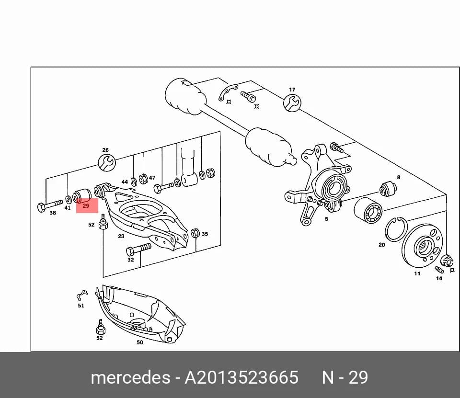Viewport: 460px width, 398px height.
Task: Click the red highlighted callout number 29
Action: coord(86,206)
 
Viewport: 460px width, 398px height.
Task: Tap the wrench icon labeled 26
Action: coord(106,163)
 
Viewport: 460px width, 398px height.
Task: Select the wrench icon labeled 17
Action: coord(292,102)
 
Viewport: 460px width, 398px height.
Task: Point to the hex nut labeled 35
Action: coord(195,233)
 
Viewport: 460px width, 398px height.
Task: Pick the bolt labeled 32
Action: coord(138,249)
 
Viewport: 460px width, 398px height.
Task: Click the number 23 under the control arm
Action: coord(121,236)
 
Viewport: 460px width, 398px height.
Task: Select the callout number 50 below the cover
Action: coord(140,342)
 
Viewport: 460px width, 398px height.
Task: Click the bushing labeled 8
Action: coord(388,189)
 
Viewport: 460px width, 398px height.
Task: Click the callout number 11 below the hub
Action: coord(417,273)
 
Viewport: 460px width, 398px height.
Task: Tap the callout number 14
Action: coord(439,278)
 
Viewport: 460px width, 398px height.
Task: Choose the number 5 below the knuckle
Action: coord(326,219)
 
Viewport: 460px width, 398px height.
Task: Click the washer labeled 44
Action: coord(134,182)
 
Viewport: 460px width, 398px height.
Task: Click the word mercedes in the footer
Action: coord(130,377)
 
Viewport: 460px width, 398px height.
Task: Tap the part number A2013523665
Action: coord(241,377)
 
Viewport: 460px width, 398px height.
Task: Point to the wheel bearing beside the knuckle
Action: coord(368,210)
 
